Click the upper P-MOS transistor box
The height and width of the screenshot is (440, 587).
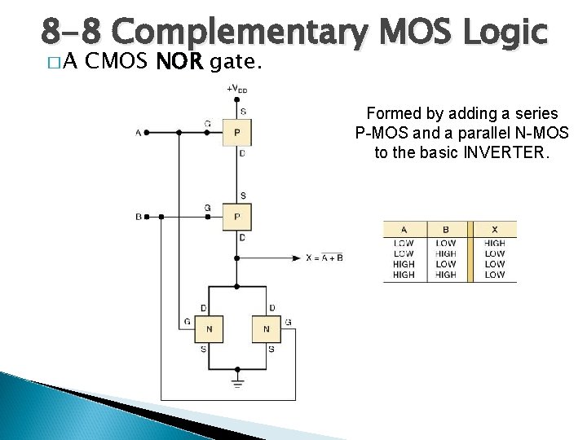coord(236,132)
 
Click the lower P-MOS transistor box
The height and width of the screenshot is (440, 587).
coord(236,217)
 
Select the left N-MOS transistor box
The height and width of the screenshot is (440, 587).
coord(209,329)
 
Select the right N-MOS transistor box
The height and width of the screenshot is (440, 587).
coord(266,329)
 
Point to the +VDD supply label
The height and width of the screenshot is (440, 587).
coord(237,88)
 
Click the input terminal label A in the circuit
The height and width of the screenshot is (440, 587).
coord(138,132)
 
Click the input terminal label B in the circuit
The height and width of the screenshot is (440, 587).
coord(138,217)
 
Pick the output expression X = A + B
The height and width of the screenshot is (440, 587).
coord(324,257)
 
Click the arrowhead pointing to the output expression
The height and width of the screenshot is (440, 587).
coord(298,258)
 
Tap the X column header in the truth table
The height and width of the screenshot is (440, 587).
coord(494,229)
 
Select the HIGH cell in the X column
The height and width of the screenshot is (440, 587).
coord(494,243)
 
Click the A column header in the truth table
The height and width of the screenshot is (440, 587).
coord(404,229)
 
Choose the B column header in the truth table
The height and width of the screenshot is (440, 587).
coord(446,229)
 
